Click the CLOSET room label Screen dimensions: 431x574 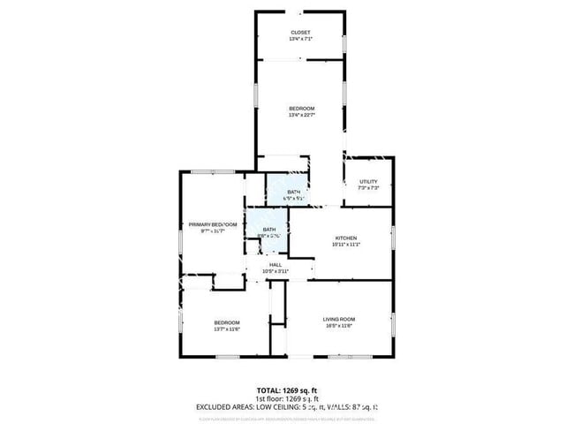click(300, 33)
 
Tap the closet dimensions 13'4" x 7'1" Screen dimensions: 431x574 click(300, 40)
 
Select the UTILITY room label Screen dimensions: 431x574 click(368, 182)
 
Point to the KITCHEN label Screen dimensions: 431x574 click(345, 238)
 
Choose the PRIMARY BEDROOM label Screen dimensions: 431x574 click(213, 224)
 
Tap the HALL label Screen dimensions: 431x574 click(276, 264)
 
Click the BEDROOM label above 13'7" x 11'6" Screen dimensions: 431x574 click(227, 322)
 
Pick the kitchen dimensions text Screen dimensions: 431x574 click(345, 245)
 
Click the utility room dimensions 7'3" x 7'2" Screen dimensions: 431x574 click(368, 188)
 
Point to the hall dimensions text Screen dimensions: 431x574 click(276, 271)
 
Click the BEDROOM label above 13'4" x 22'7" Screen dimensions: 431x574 click(301, 109)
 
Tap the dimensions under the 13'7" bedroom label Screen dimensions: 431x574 click(227, 329)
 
